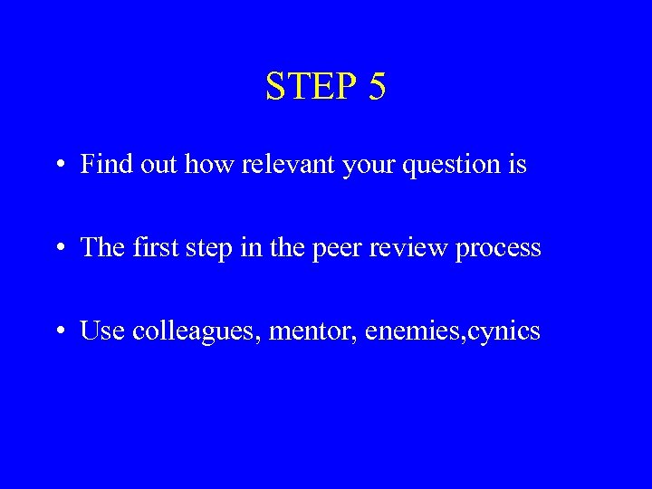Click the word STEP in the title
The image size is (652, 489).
(310, 86)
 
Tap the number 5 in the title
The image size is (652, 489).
(377, 86)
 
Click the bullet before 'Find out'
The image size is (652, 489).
(58, 166)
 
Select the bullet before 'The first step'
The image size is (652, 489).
(58, 249)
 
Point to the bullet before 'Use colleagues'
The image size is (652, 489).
(58, 332)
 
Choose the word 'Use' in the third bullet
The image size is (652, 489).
(102, 331)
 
